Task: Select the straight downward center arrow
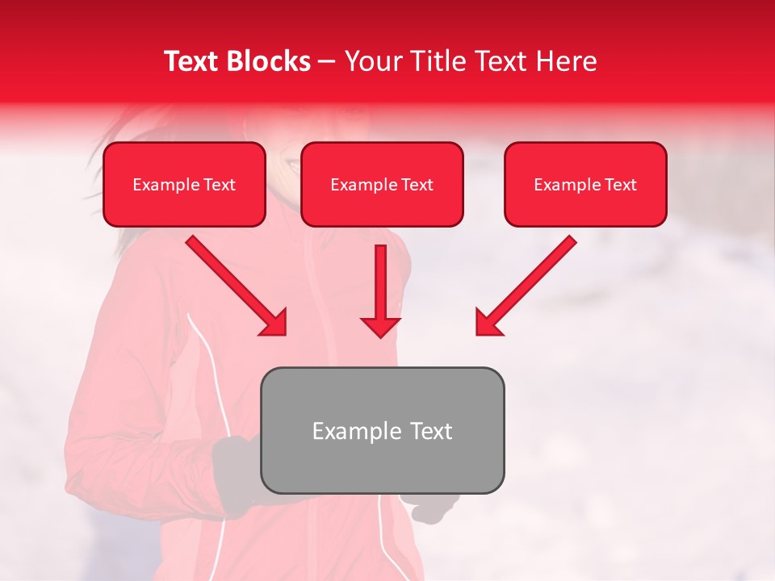tap(380, 282)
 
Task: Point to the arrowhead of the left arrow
tap(274, 323)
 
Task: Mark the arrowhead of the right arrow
tap(488, 323)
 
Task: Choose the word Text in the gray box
tap(430, 431)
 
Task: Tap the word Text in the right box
tap(620, 185)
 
